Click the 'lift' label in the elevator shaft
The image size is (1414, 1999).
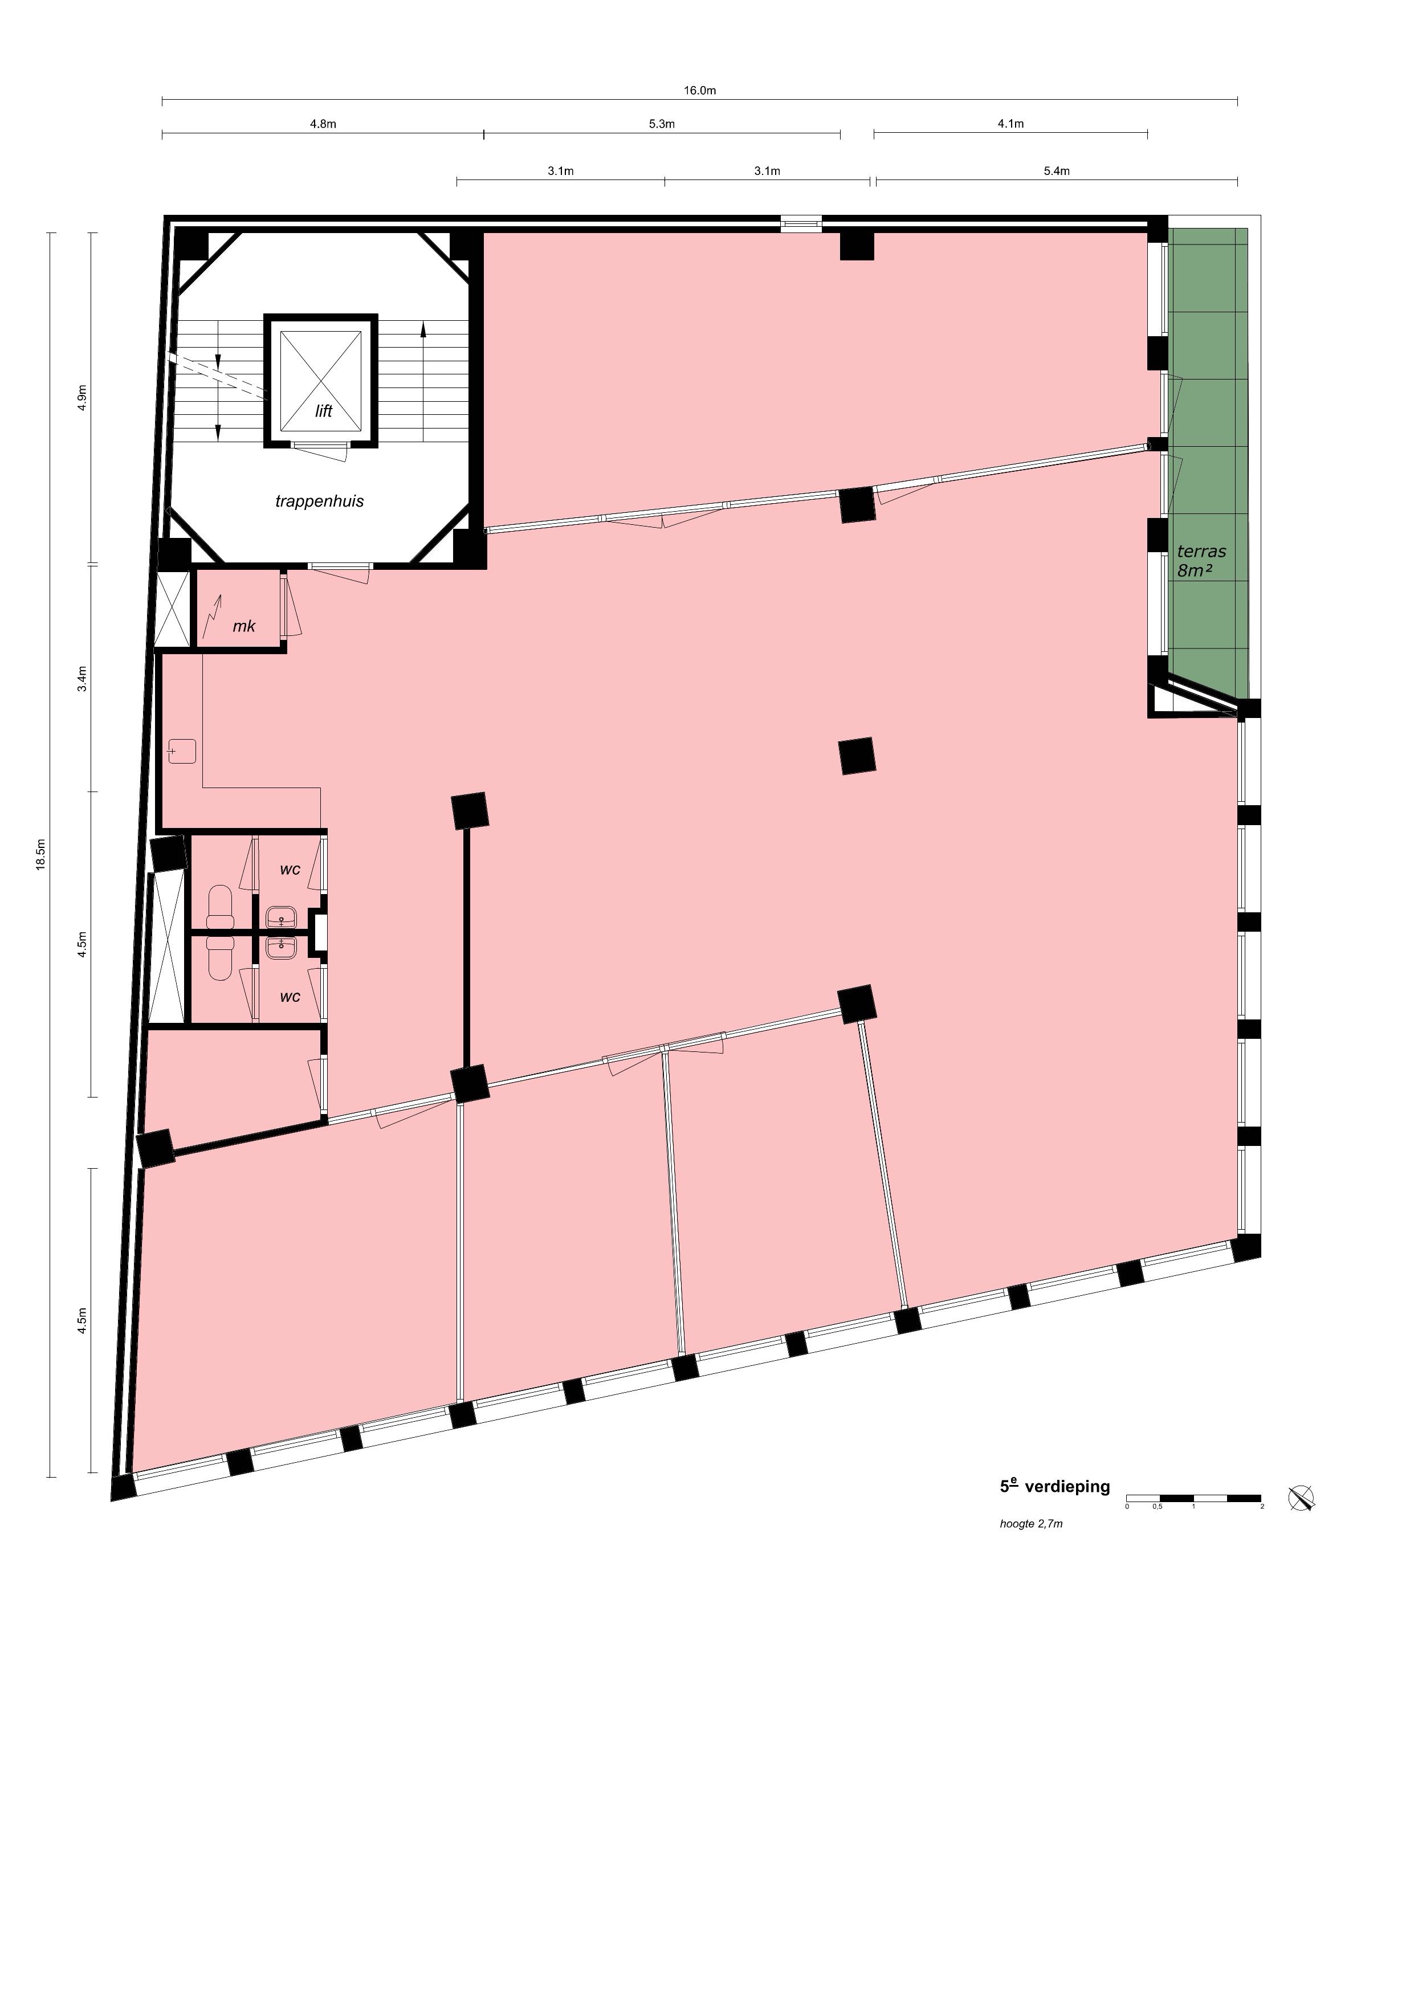tap(324, 411)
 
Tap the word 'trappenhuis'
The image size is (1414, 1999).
tap(320, 501)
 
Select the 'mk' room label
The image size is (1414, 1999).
tap(244, 626)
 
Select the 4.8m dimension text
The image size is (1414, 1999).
tap(323, 124)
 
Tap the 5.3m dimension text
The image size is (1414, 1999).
tap(662, 124)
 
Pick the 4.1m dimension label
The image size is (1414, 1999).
tap(1011, 124)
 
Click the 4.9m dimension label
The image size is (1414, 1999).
tap(83, 398)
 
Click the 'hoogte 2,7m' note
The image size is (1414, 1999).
tap(1031, 1524)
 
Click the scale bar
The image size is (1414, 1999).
tap(1193, 1498)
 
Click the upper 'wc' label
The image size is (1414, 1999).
tap(290, 869)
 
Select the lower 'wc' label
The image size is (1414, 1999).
tap(290, 996)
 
